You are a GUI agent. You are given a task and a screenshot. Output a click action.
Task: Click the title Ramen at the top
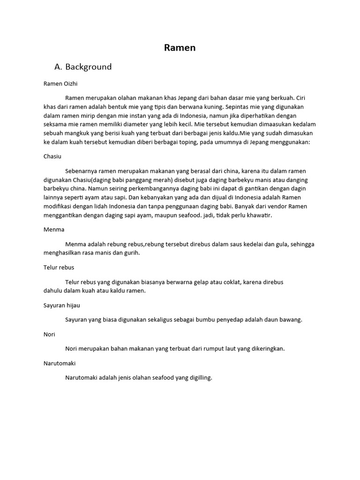(180, 48)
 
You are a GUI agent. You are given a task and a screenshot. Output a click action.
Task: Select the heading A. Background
(83, 67)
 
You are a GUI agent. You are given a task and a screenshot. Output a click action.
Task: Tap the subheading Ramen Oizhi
(60, 84)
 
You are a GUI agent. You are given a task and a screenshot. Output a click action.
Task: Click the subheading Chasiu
(52, 157)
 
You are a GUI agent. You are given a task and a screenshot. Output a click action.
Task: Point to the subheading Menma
(53, 230)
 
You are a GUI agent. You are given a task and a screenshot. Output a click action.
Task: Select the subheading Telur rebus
(59, 267)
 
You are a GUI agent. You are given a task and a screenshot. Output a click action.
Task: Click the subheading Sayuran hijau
(61, 305)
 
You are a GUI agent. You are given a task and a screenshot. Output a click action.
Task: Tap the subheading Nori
(49, 335)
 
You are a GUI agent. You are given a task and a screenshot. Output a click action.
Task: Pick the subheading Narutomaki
(60, 363)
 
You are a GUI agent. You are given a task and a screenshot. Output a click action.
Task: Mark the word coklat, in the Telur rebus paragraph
(229, 282)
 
